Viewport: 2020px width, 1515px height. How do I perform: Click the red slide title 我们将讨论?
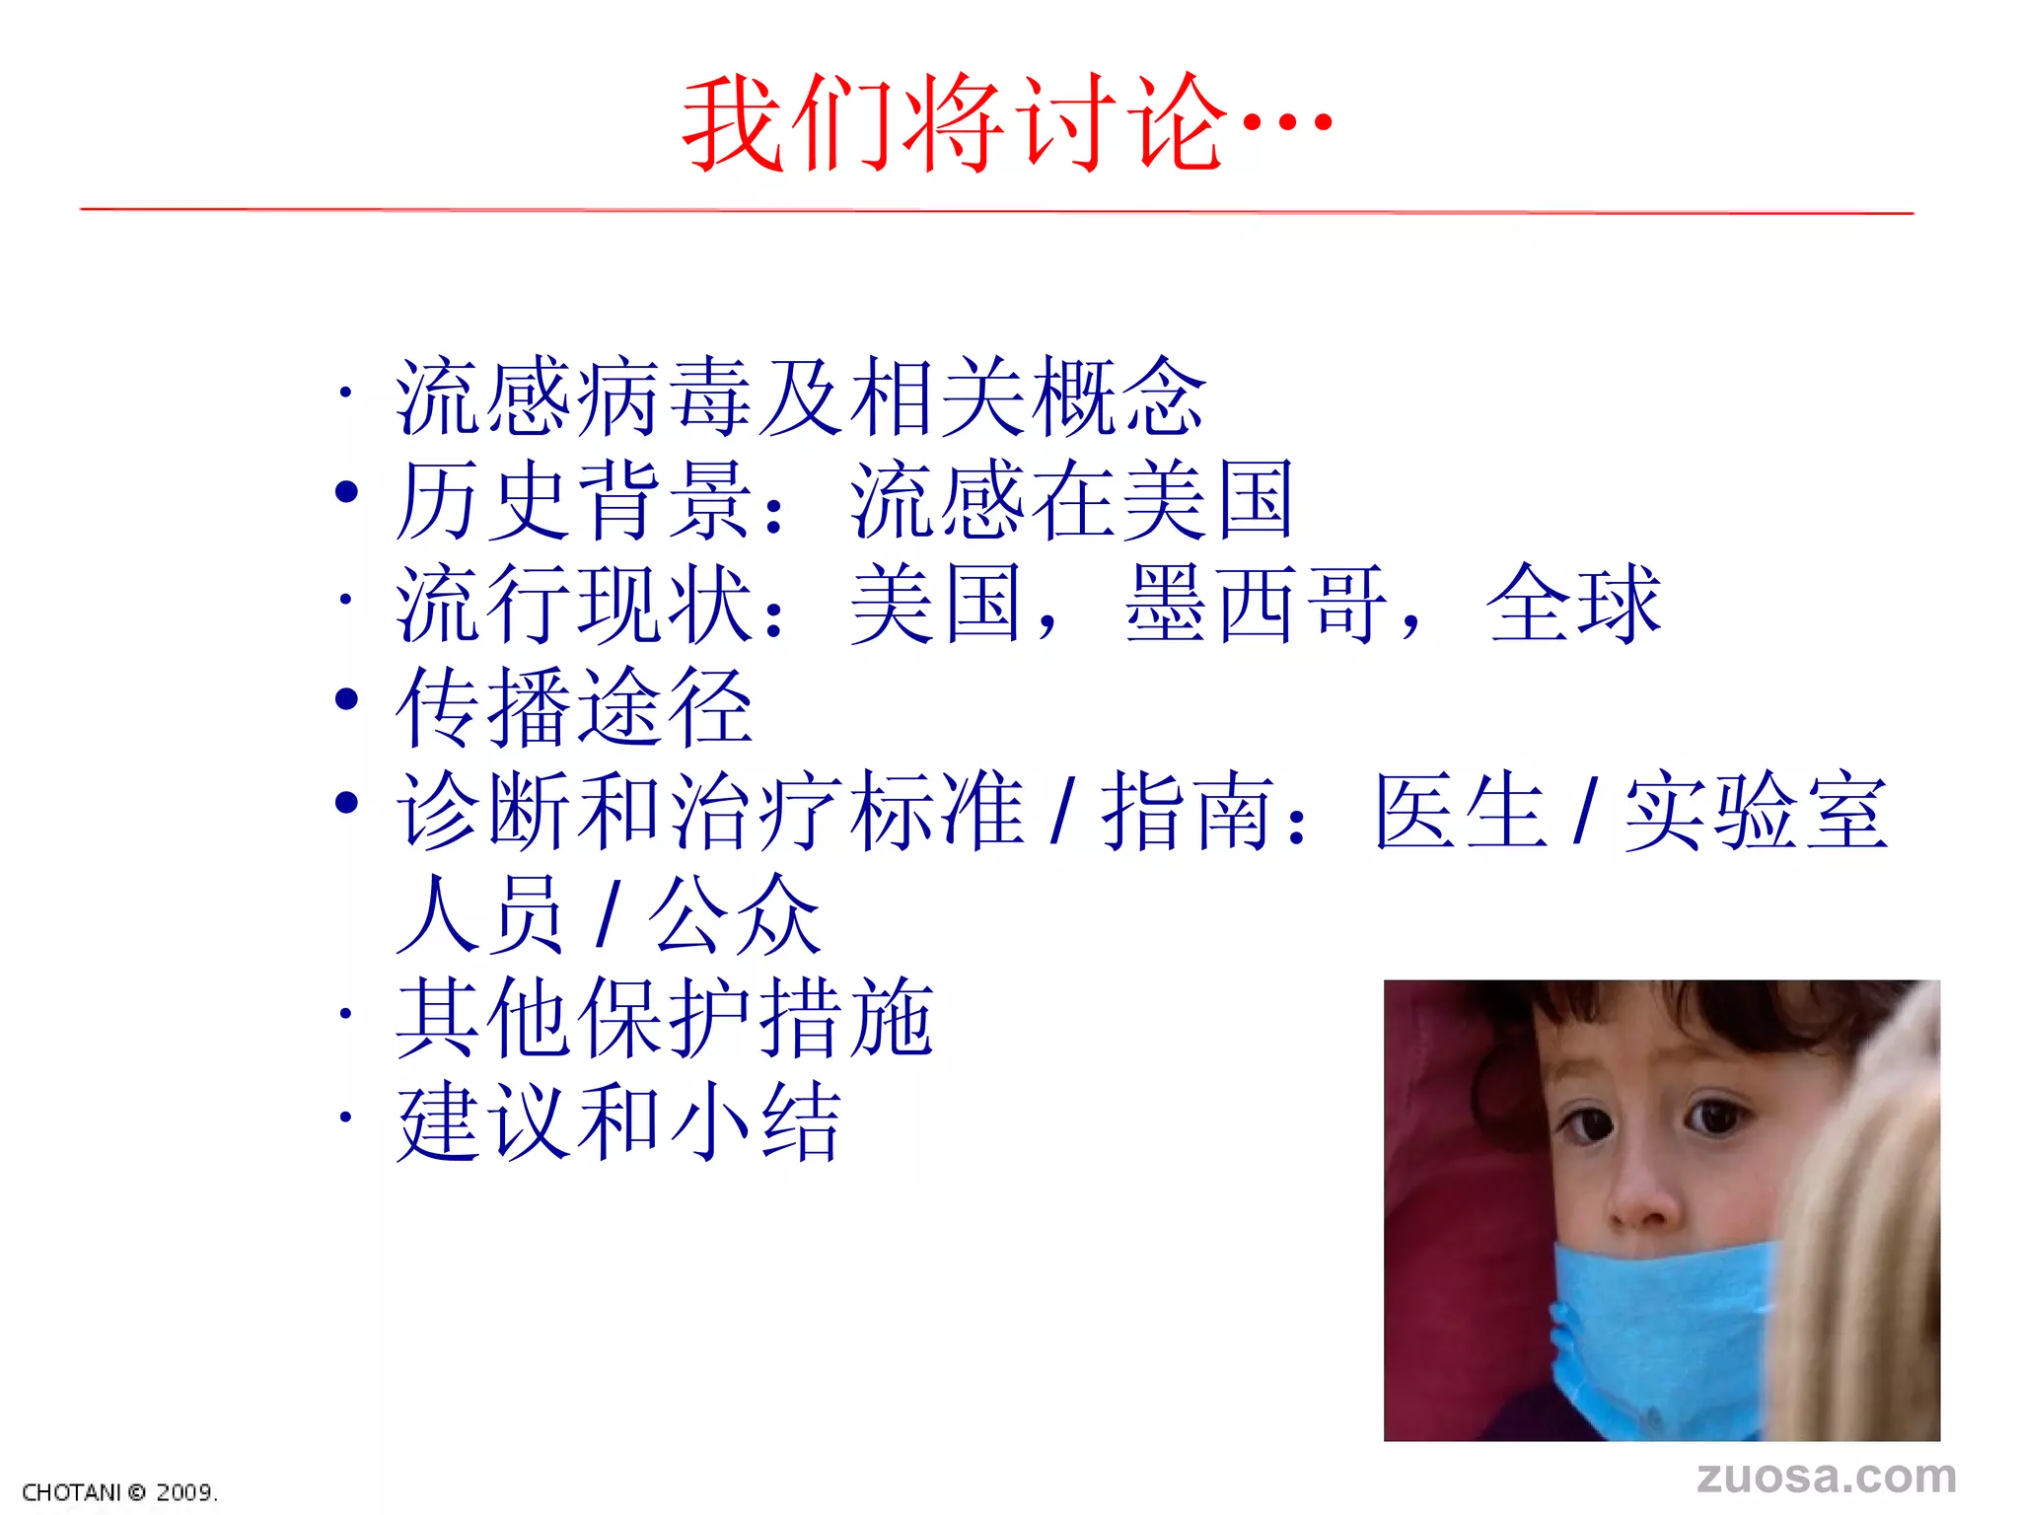point(955,124)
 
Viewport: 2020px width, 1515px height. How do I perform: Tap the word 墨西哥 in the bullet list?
point(1255,604)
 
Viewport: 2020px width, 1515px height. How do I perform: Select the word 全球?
point(1574,604)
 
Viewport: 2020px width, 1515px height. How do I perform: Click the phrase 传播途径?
point(574,707)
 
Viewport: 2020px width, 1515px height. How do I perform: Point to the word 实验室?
point(1756,811)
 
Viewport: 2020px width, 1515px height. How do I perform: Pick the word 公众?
point(734,915)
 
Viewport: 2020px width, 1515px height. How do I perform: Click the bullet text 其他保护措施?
point(664,1018)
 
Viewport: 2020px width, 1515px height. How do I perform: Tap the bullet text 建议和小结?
point(618,1121)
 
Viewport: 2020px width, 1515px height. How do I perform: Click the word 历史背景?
point(574,500)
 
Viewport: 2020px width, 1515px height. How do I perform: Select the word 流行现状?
point(574,604)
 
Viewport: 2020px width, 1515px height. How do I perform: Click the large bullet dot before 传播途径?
point(346,699)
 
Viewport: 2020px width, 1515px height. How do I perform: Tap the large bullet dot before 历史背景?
point(346,491)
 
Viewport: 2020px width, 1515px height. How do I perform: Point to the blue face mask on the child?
point(1657,1332)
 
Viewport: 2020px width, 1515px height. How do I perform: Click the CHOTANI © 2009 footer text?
point(119,1492)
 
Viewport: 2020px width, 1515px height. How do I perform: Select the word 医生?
point(1460,811)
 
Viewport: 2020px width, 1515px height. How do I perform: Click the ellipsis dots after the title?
point(1286,124)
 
